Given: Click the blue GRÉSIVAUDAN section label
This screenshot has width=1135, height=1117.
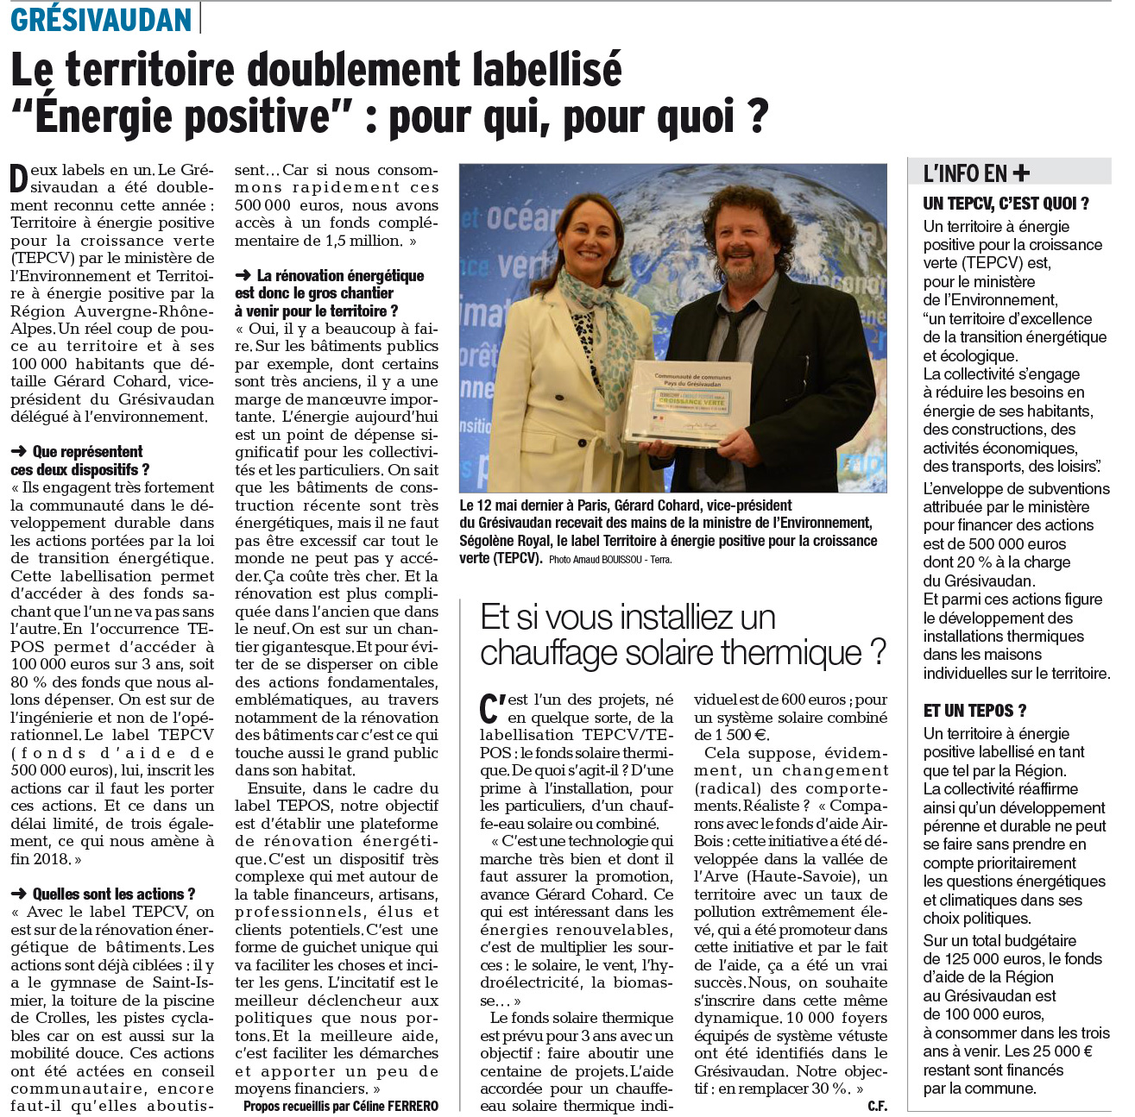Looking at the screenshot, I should coord(101,19).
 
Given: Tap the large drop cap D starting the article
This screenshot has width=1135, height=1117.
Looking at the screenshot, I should coord(19,179).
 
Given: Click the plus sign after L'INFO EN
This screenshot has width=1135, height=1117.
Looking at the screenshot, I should coord(1021,173).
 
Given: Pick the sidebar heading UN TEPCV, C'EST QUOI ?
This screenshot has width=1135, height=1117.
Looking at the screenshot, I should coord(1006,204).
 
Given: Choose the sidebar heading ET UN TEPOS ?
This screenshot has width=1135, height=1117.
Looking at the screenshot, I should coord(974,711).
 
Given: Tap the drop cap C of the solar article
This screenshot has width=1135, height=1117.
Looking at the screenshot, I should coord(491,708).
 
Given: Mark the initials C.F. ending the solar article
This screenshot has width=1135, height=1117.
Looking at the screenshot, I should coord(877,1107).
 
